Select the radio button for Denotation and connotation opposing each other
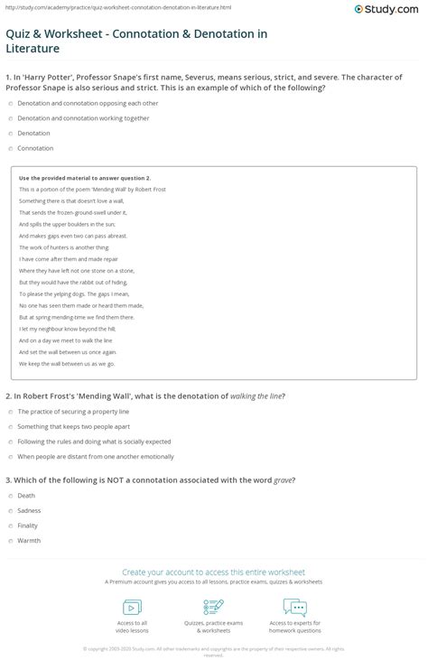point(10,105)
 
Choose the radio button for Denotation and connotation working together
point(10,119)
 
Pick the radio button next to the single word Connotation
point(10,147)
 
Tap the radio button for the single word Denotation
point(10,133)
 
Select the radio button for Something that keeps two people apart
point(10,428)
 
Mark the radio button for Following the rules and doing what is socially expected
point(10,442)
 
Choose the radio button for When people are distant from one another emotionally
point(10,456)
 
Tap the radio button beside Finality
point(10,526)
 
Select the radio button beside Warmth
point(10,540)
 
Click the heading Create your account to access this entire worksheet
point(213,572)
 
